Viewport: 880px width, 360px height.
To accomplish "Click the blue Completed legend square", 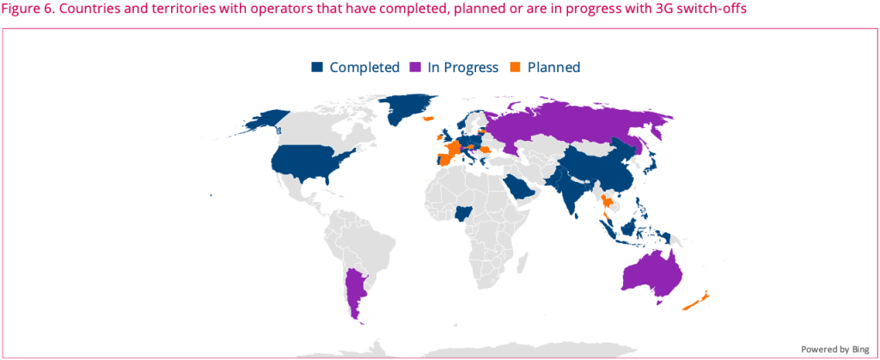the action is tap(318, 67).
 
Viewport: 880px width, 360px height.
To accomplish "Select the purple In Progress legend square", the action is tap(416, 67).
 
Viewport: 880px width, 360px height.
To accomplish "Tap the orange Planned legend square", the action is tap(516, 67).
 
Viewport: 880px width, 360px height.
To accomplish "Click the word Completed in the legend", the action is tap(364, 67).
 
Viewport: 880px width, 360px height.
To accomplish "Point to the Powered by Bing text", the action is tap(835, 349).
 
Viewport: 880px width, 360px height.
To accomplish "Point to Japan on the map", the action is tap(649, 162).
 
